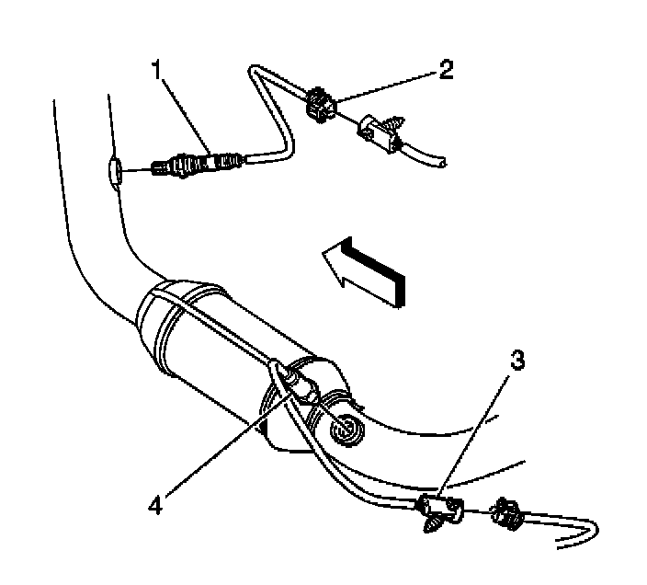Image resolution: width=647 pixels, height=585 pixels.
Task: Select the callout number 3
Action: pos(518,361)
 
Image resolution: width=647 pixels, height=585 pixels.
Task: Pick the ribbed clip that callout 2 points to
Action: pos(319,105)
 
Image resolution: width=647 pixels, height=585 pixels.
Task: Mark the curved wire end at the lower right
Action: pos(588,534)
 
